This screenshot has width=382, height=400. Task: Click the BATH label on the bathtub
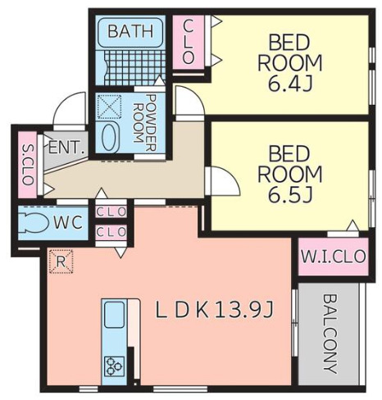130,31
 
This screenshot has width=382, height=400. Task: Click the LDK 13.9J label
215,310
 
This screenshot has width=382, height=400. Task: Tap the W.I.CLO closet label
334,257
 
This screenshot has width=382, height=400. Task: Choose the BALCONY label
330,334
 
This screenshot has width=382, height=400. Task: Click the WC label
68,222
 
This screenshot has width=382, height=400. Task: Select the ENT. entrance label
66,148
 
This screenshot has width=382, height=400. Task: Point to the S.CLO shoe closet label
28,165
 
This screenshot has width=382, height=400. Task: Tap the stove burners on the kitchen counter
115,366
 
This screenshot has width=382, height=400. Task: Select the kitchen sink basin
115,314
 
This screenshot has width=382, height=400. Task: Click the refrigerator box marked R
61,261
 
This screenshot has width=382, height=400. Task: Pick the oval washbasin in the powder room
110,137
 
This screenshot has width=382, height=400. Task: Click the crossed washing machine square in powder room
109,107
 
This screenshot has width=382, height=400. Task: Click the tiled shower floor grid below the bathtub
134,68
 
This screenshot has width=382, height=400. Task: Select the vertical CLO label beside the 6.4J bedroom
189,42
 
